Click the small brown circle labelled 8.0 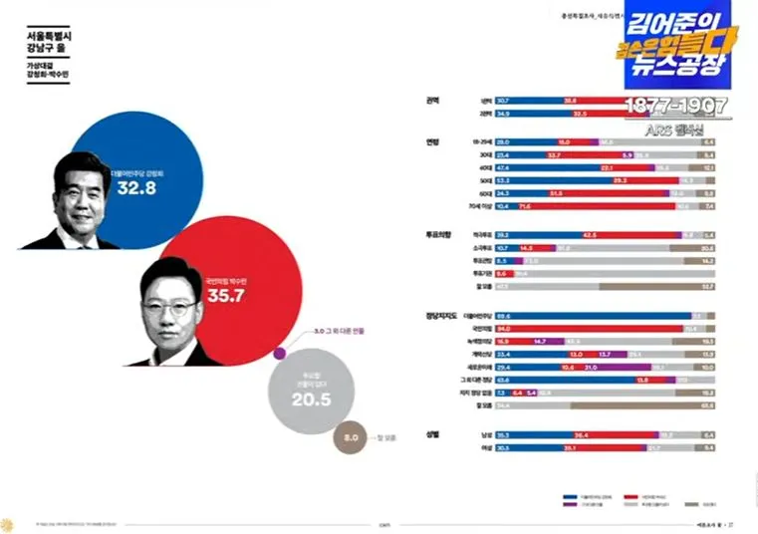pos(351,436)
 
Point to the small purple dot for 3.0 pos(280,351)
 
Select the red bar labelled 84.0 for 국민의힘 pos(598,327)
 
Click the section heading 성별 pos(432,434)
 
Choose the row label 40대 pos(485,167)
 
